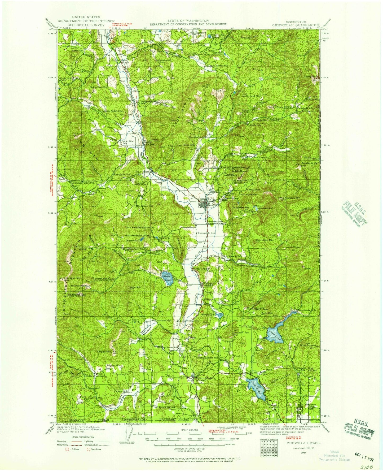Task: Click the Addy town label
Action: click(148, 142)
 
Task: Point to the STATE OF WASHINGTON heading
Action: click(188, 20)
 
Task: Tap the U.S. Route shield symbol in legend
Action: click(68, 450)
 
